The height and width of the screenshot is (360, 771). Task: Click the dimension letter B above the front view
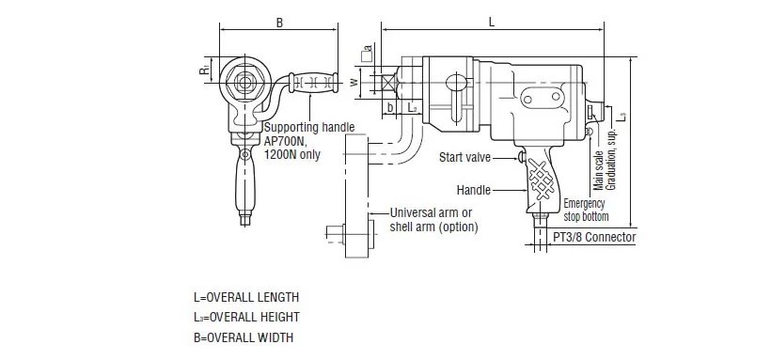tap(279, 23)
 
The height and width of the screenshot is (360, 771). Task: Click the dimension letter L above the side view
tap(492, 23)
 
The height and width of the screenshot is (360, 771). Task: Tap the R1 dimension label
tap(205, 70)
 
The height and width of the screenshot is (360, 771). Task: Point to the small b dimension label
tap(390, 107)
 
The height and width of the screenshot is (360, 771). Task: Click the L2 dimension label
tap(412, 107)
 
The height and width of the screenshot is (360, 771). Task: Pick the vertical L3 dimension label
tap(622, 117)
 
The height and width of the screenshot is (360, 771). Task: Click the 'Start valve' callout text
tap(464, 157)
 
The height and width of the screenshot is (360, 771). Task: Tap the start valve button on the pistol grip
tap(521, 157)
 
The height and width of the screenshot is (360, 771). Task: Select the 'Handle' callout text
tap(474, 190)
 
